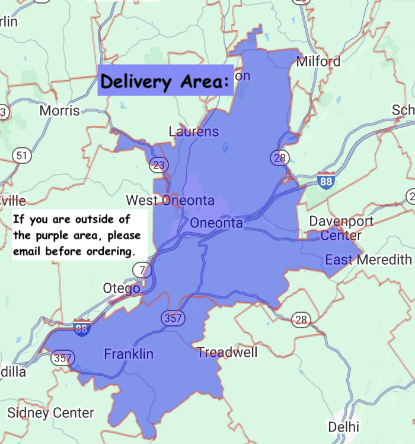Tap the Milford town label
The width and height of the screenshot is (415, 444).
318,61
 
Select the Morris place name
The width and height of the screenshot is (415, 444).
59,111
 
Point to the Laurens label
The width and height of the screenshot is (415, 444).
194,132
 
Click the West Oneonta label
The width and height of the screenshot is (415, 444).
170,200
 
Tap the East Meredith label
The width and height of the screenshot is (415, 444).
368,259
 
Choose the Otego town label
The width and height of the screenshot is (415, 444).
122,288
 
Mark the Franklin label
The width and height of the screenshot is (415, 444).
129,354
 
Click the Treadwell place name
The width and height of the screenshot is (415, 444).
228,353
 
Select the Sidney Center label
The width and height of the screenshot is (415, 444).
50,413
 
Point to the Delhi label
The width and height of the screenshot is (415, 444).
344,427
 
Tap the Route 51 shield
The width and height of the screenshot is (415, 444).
21,156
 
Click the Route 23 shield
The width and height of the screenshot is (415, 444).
157,164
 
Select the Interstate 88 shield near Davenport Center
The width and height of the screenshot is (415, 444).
325,180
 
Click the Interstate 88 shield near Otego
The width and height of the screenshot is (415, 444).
82,328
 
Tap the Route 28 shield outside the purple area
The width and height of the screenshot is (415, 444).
301,321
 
